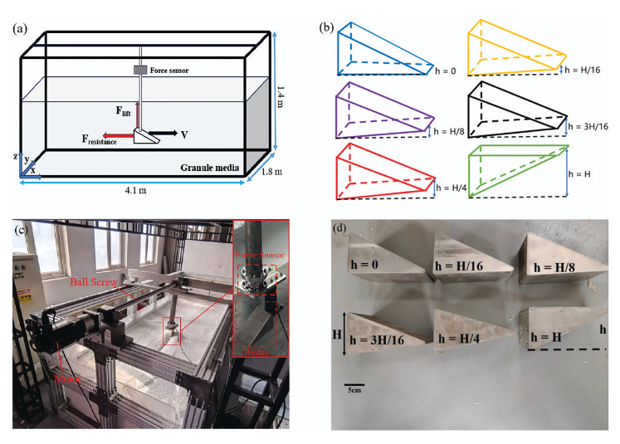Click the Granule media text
tap(212, 168)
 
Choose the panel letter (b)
tap(327, 27)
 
